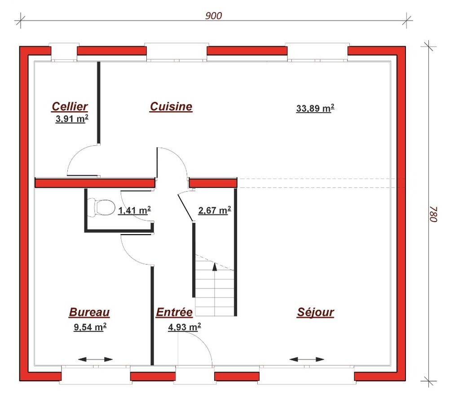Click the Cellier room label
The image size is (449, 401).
[x=70, y=106]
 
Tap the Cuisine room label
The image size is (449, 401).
[x=171, y=106]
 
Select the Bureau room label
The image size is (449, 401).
[x=89, y=312]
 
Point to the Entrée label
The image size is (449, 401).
[x=174, y=312]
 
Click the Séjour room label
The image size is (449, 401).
[x=316, y=312]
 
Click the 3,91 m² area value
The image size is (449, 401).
[x=71, y=119]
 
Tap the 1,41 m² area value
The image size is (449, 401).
[x=134, y=210]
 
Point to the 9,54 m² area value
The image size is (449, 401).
[x=90, y=327]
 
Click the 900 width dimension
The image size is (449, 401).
[x=214, y=16]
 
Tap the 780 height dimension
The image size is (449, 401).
[x=432, y=214]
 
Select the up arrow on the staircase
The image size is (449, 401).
[x=215, y=266]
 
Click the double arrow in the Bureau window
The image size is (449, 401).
[x=95, y=359]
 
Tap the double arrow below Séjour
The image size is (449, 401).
[x=307, y=359]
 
